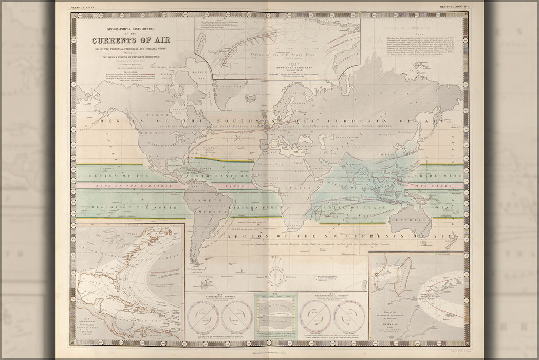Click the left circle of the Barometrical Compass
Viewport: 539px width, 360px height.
202,315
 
